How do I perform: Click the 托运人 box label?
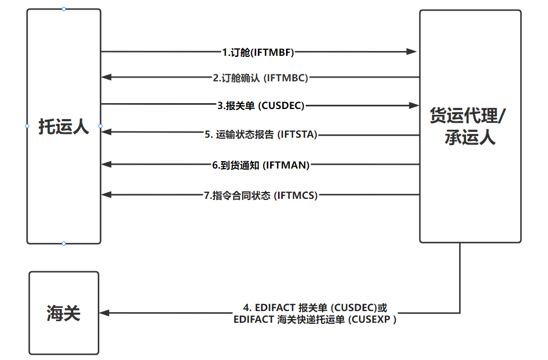click(64, 127)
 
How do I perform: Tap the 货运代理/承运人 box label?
click(468, 126)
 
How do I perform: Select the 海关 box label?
click(64, 313)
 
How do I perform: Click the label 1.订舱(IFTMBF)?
click(258, 53)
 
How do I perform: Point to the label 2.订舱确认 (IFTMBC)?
click(260, 78)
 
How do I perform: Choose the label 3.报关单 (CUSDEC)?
click(261, 105)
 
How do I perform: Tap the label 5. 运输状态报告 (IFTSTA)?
click(261, 135)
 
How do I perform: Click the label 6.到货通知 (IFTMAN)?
click(261, 165)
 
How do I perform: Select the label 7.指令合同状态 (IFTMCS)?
click(261, 195)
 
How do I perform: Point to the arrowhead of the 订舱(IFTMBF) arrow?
click(411, 52)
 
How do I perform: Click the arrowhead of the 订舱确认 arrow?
click(106, 77)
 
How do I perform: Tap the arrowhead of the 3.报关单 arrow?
click(414, 105)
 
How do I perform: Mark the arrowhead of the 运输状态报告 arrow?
click(106, 132)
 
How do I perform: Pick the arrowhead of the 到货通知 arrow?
click(106, 164)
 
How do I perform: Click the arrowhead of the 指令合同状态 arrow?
click(106, 194)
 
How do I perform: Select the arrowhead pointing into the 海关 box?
click(104, 313)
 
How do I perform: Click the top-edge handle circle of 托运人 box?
click(64, 9)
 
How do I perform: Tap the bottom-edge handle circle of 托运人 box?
click(64, 244)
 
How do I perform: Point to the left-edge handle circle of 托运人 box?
click(27, 126)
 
